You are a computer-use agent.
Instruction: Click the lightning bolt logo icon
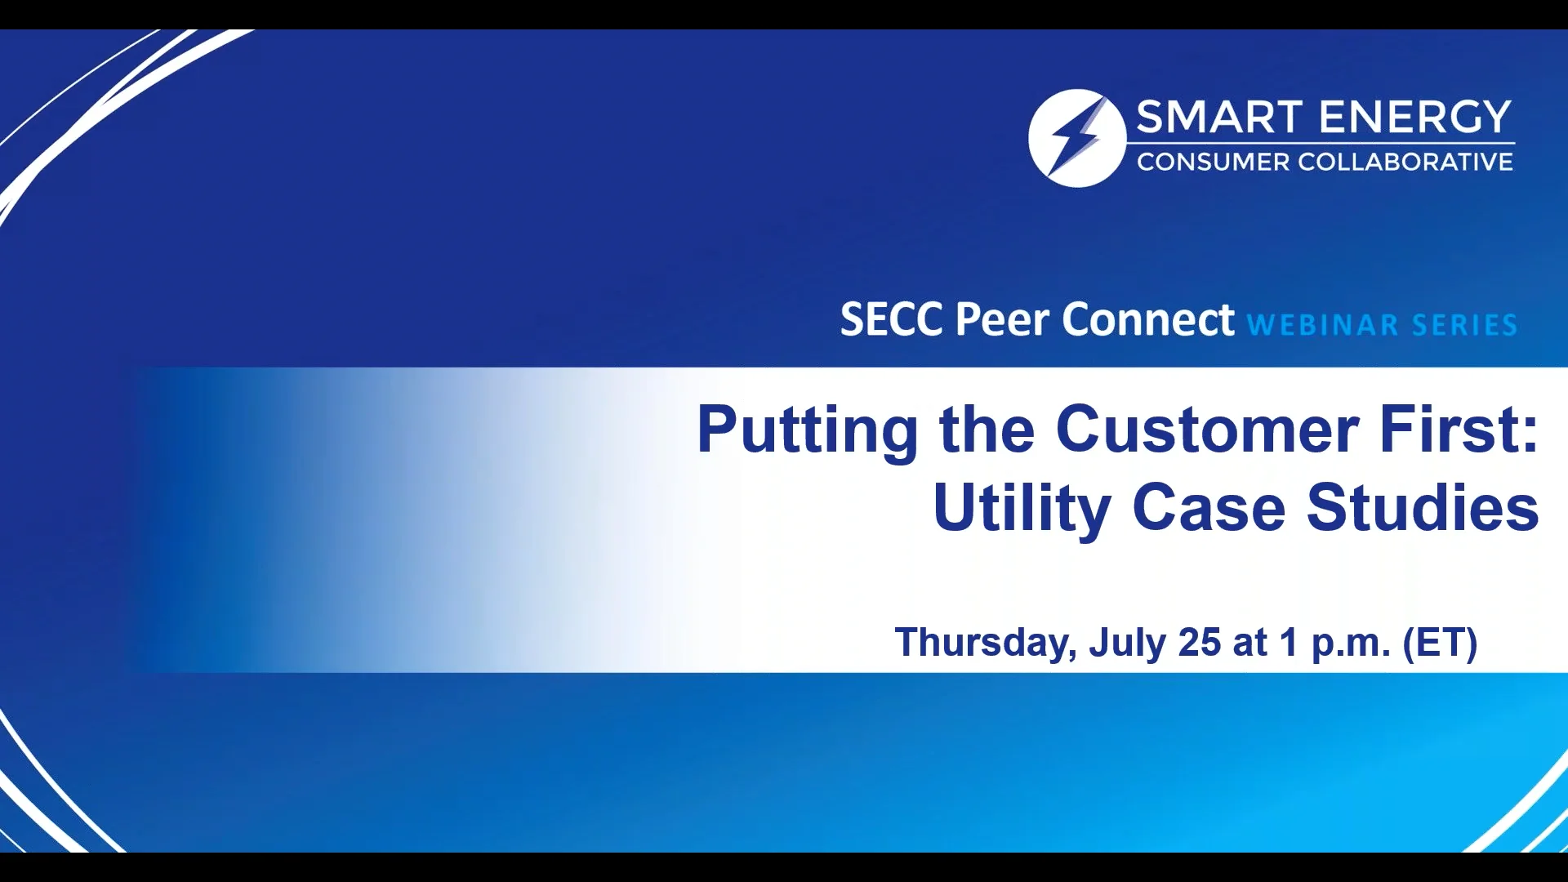tap(1076, 138)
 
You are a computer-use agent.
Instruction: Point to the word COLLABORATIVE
tap(1405, 163)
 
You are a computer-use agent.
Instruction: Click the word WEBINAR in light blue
tap(1323, 325)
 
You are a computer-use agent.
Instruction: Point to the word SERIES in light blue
tap(1464, 325)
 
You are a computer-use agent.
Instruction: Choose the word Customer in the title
tap(1207, 430)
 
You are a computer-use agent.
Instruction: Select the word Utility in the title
tap(1021, 509)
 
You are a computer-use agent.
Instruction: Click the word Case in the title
tap(1209, 508)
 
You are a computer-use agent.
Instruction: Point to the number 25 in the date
tap(1200, 642)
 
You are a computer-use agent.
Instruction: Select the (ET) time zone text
tap(1440, 643)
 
